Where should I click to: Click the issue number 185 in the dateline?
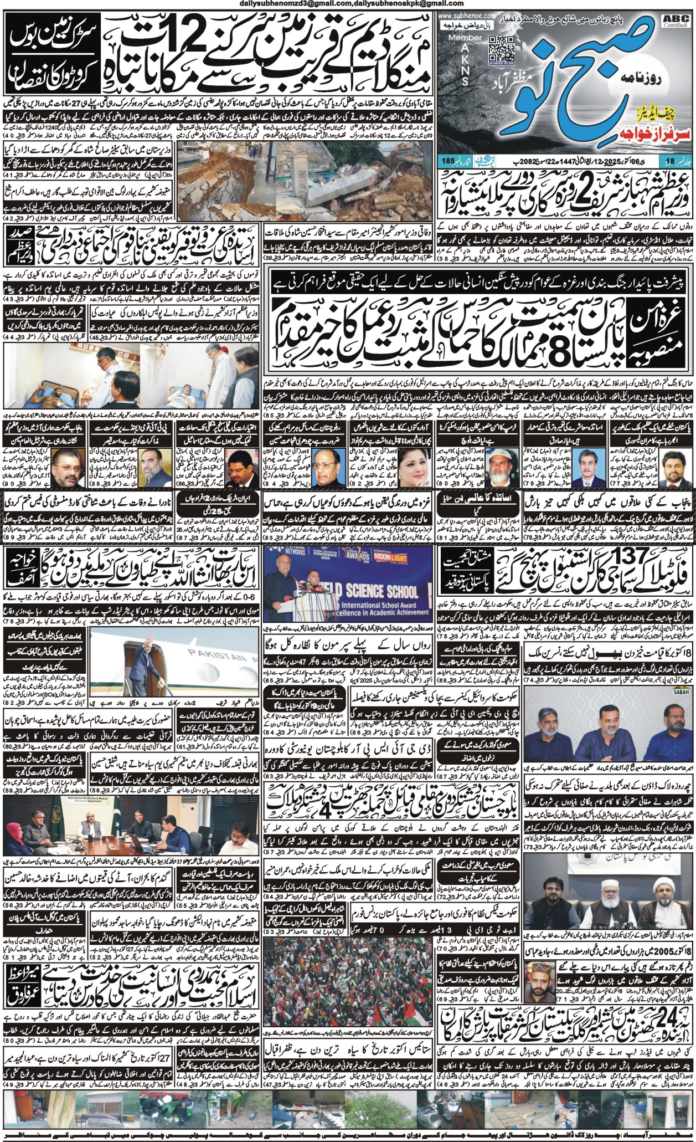point(448,161)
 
